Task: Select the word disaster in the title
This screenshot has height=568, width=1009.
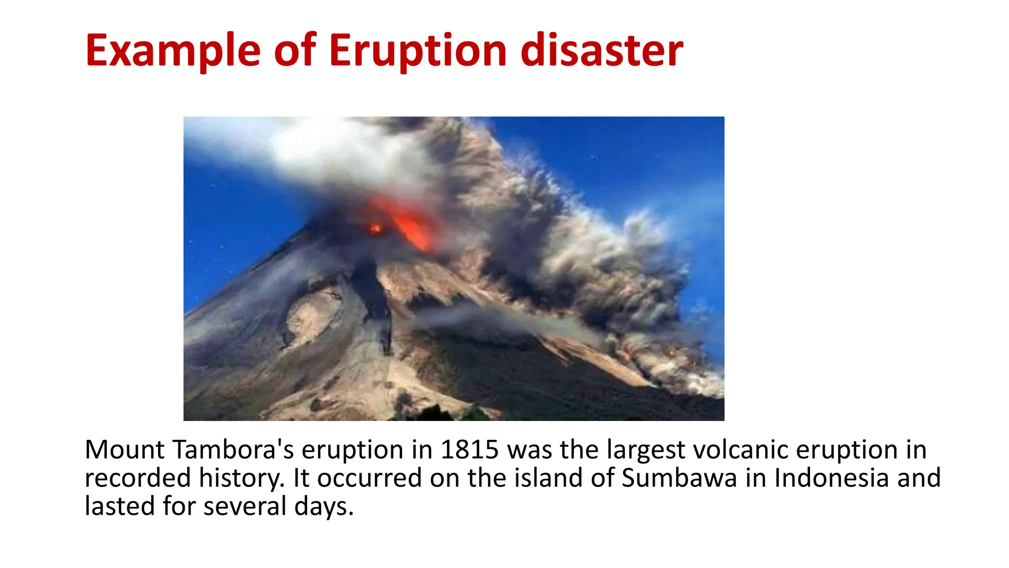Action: (x=602, y=51)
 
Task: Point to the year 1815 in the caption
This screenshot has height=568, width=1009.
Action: (x=470, y=450)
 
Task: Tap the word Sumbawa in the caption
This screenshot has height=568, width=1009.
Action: (x=679, y=478)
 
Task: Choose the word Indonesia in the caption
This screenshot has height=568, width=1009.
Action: (x=831, y=478)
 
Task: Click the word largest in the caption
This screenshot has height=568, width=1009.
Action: (x=646, y=450)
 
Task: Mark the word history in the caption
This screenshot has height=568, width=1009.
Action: (x=241, y=479)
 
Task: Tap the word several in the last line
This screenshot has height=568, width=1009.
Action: (x=245, y=506)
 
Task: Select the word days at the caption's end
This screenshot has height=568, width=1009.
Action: (x=323, y=506)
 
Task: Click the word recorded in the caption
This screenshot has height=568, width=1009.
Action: (x=137, y=478)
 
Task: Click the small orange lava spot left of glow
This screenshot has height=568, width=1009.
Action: (x=375, y=229)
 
